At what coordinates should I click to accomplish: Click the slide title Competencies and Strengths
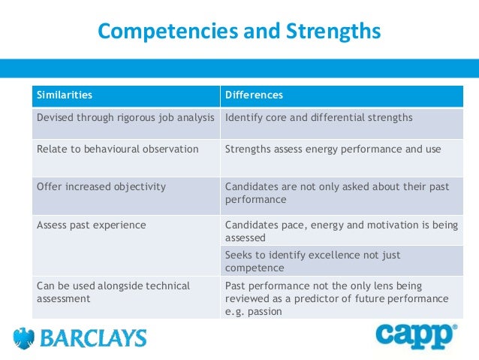click(x=239, y=32)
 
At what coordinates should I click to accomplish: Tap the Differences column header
click(x=254, y=95)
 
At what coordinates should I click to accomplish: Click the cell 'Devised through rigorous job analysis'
click(x=125, y=118)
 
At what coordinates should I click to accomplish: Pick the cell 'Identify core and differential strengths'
click(x=318, y=118)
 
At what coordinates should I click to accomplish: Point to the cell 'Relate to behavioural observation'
click(x=117, y=149)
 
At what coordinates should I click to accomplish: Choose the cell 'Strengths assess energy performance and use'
click(x=333, y=149)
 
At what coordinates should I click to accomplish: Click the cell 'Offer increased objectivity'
click(x=101, y=186)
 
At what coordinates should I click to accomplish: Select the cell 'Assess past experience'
click(x=91, y=225)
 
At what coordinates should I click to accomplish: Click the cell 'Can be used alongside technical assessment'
click(x=113, y=292)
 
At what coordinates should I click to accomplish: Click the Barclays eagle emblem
click(x=25, y=338)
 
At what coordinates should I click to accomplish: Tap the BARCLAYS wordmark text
click(x=92, y=339)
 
